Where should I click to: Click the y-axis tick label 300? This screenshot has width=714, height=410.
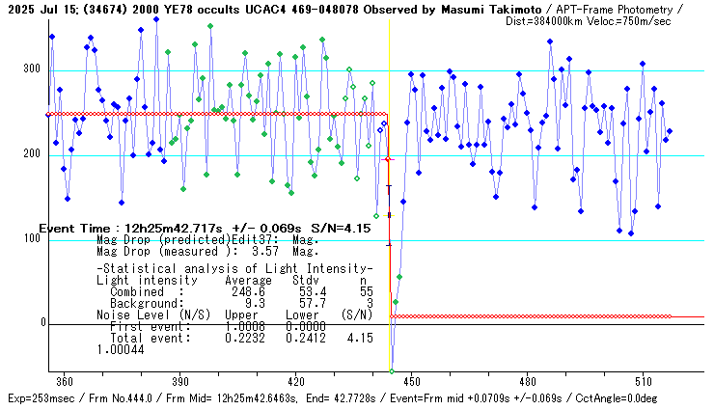click(32, 69)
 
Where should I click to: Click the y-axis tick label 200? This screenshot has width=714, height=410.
click(32, 154)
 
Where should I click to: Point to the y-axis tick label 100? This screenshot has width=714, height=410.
click(32, 239)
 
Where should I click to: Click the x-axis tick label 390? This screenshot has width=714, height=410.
click(179, 381)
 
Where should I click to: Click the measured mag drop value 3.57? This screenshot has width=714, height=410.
click(252, 251)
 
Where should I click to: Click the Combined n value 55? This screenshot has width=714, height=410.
click(366, 290)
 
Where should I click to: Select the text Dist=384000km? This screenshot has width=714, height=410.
click(548, 20)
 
